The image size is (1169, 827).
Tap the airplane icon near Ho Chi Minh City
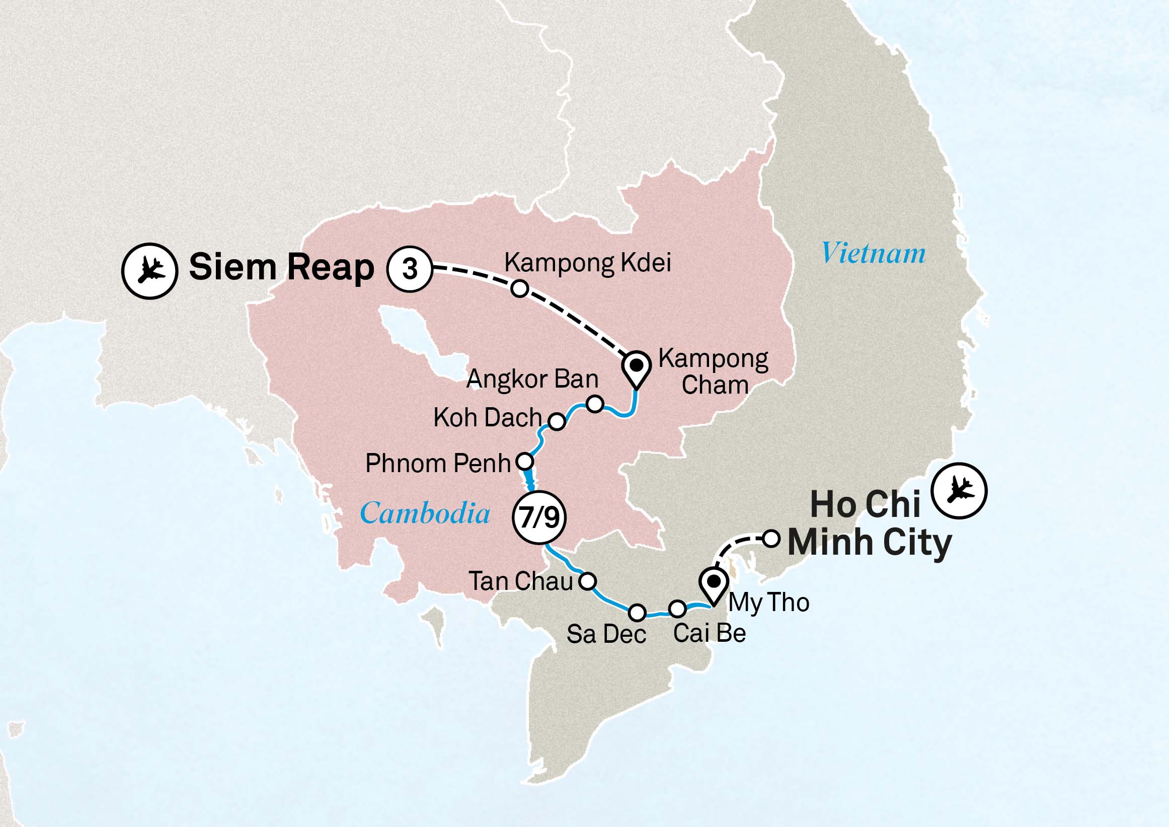(959, 490)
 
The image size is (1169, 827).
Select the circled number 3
(410, 269)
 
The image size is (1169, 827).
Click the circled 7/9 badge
(538, 518)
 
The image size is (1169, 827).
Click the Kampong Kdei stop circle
(519, 289)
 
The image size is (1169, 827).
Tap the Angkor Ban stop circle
(595, 404)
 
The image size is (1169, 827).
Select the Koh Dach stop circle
(557, 422)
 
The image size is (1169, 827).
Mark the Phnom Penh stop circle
(525, 462)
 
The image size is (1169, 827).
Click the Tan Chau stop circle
(588, 580)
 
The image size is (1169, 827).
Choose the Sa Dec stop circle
(637, 613)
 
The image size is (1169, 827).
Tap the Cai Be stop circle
(677, 608)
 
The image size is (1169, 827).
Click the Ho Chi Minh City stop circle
(771, 538)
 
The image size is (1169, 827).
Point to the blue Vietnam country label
(873, 253)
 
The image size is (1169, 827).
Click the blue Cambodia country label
(425, 513)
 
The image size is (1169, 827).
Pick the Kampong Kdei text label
(588, 263)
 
